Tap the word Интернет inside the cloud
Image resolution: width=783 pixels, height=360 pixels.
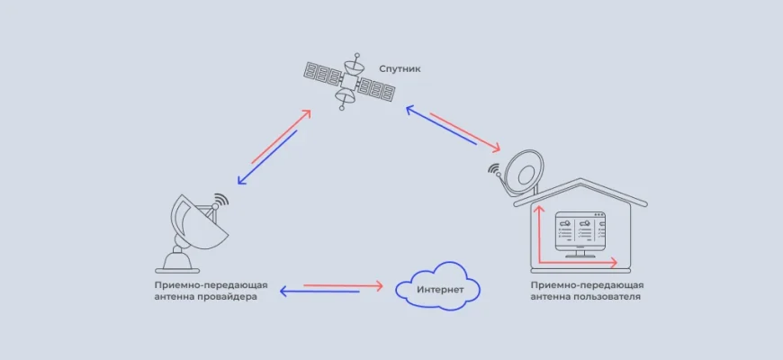pyautogui.click(x=441, y=290)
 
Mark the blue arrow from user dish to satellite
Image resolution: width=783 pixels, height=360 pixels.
pyautogui.click(x=440, y=125)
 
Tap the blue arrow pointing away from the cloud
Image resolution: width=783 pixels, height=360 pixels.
pyautogui.click(x=319, y=292)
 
